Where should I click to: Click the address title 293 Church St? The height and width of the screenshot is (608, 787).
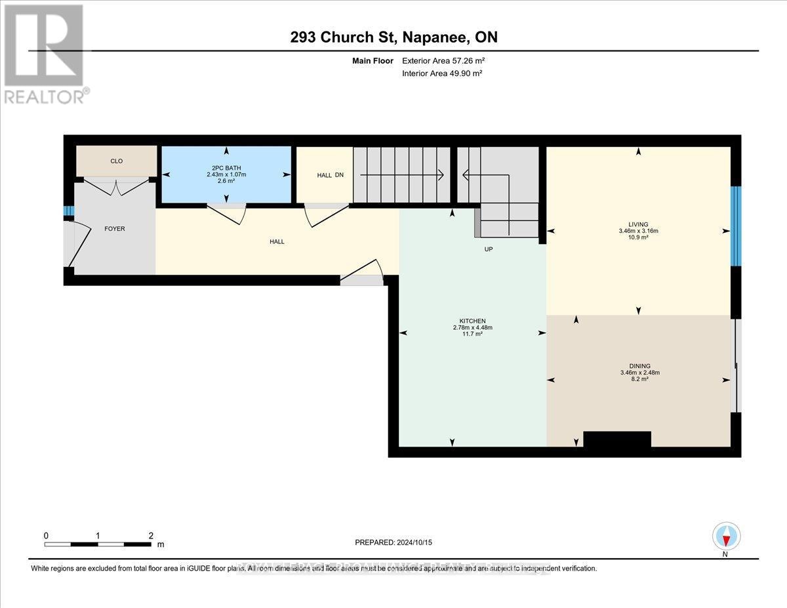[x=393, y=37]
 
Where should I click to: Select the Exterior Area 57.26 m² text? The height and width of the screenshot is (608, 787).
[x=443, y=60]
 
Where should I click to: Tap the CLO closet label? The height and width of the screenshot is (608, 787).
[x=116, y=161]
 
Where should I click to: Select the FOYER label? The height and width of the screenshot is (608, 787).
[x=114, y=229]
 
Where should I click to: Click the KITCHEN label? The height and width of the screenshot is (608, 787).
[x=472, y=320]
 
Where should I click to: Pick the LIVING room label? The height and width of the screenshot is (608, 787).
[x=638, y=224]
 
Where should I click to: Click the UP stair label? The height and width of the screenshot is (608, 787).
[x=488, y=249]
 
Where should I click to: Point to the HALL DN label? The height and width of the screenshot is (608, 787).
[x=330, y=175]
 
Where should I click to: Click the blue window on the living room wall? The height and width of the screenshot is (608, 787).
[x=735, y=226]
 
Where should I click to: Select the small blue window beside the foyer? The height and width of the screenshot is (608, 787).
[x=68, y=211]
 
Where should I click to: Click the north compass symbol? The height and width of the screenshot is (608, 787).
[x=725, y=537]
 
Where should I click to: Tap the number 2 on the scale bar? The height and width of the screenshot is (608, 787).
[x=151, y=535]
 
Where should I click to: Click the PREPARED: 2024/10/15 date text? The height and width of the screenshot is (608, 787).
[x=393, y=542]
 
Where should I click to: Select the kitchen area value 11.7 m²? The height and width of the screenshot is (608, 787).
[x=472, y=334]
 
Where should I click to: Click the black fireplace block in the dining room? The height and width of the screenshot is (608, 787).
[x=616, y=439]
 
